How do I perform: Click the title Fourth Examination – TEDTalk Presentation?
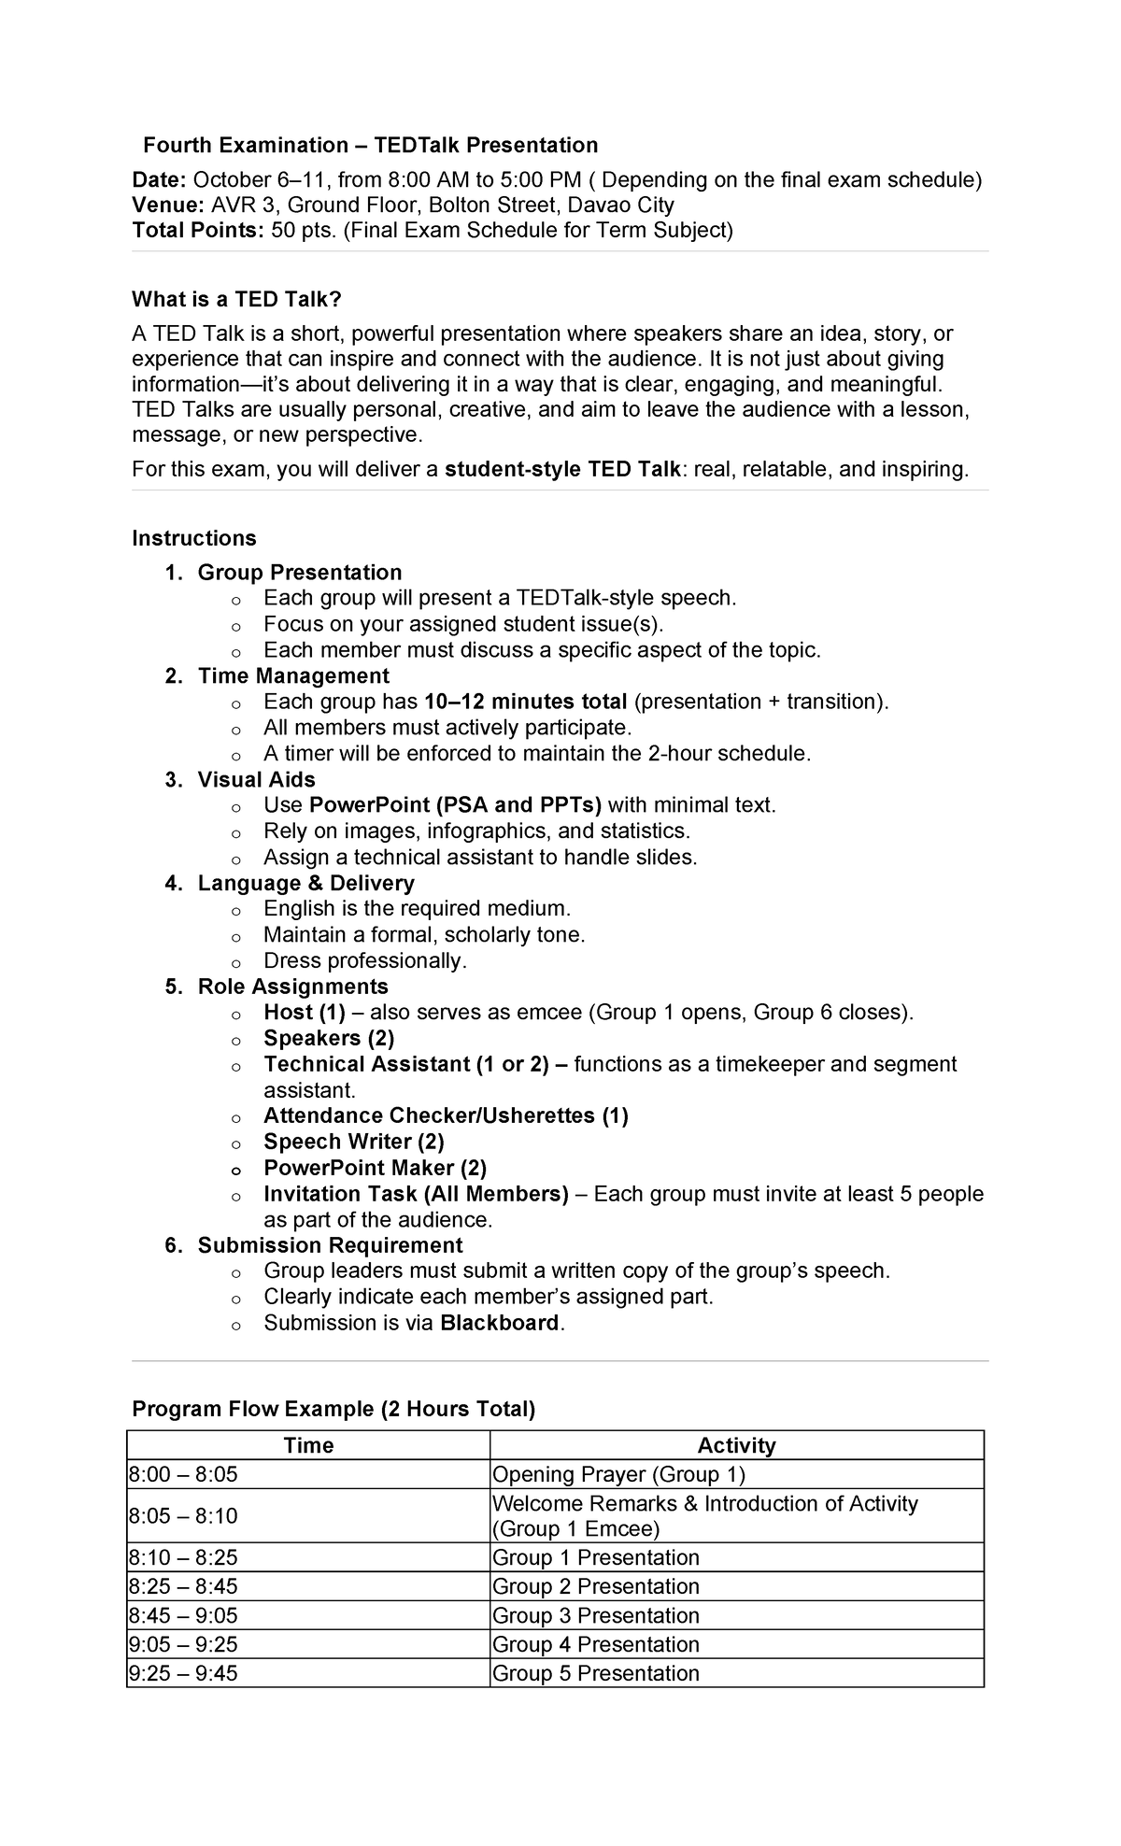pos(370,146)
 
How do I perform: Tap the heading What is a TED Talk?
pos(237,300)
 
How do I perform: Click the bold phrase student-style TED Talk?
pos(562,470)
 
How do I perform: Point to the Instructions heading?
pos(193,539)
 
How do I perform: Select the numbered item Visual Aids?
pos(256,780)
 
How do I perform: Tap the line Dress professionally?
pos(364,961)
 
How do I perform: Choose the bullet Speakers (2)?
pos(329,1039)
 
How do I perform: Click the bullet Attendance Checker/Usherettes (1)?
pos(446,1116)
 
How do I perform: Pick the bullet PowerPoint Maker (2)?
pos(375,1169)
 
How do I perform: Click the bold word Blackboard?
pos(499,1324)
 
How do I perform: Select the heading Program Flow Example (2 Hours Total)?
pos(333,1410)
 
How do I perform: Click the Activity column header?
pos(736,1446)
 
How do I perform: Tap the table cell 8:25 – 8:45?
pos(183,1587)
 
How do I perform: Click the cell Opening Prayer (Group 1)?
pos(618,1475)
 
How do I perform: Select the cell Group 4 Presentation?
pos(595,1645)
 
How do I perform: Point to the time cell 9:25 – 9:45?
pos(183,1674)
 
